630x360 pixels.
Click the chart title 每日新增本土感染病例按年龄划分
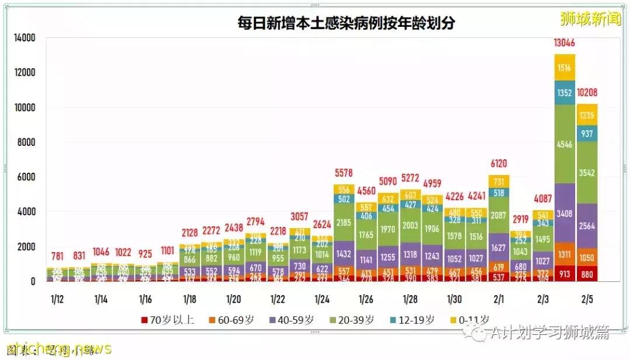click(x=346, y=23)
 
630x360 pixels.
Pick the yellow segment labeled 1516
click(x=565, y=67)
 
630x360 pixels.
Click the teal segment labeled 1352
click(x=565, y=93)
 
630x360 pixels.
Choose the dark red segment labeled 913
click(x=565, y=273)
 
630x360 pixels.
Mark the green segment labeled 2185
click(x=344, y=222)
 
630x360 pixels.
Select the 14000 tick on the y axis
click(x=24, y=39)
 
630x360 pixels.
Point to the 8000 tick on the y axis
click(x=26, y=142)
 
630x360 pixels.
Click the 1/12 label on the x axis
click(x=57, y=299)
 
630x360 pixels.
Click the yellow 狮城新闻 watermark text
click(x=590, y=19)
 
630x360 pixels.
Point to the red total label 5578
click(x=344, y=173)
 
